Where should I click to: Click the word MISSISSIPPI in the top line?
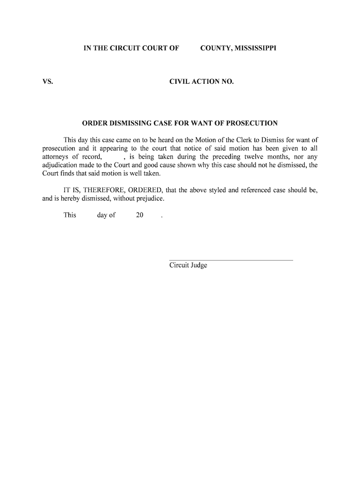tap(252, 48)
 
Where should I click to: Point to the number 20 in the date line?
tap(139, 216)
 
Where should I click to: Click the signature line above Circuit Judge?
tap(230, 260)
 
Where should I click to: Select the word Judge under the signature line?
tap(198, 266)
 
